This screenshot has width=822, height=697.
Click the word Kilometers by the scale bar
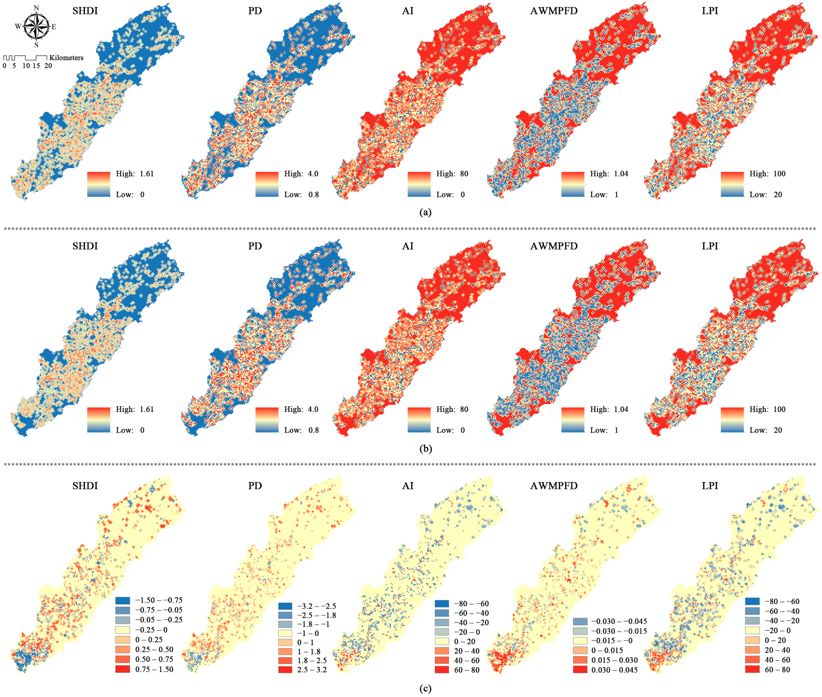(x=66, y=58)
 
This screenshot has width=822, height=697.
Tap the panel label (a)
(x=425, y=212)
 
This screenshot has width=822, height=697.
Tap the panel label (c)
(x=425, y=688)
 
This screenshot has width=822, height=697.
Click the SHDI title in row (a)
(x=85, y=11)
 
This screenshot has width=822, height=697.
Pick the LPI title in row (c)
(x=710, y=486)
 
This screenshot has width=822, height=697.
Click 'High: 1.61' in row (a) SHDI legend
(x=134, y=174)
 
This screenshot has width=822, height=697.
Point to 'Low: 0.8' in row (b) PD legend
(x=301, y=430)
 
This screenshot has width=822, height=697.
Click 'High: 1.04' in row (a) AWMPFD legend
(x=609, y=174)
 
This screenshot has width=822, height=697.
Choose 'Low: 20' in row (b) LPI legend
(x=766, y=430)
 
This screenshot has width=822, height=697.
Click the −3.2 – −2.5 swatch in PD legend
(x=285, y=606)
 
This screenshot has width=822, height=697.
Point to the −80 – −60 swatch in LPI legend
(x=752, y=601)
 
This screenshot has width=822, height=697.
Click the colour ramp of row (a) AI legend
(x=419, y=184)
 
